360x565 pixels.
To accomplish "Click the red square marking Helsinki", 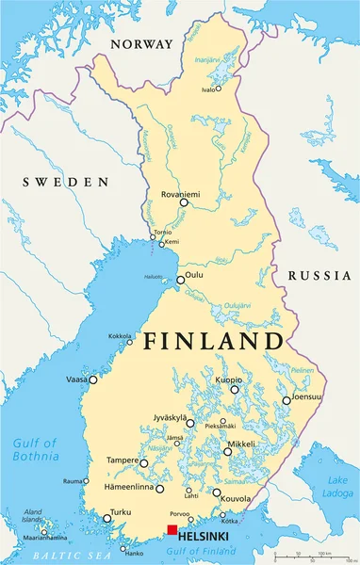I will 172,530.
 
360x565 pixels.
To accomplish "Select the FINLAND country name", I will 213,342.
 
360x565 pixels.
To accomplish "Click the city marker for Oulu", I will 181,280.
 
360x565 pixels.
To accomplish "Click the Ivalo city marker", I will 219,89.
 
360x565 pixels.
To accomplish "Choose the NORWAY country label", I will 141,44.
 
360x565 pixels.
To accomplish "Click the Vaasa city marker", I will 93,379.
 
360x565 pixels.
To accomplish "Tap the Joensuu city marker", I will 286,401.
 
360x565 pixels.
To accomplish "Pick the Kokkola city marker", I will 130,342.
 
